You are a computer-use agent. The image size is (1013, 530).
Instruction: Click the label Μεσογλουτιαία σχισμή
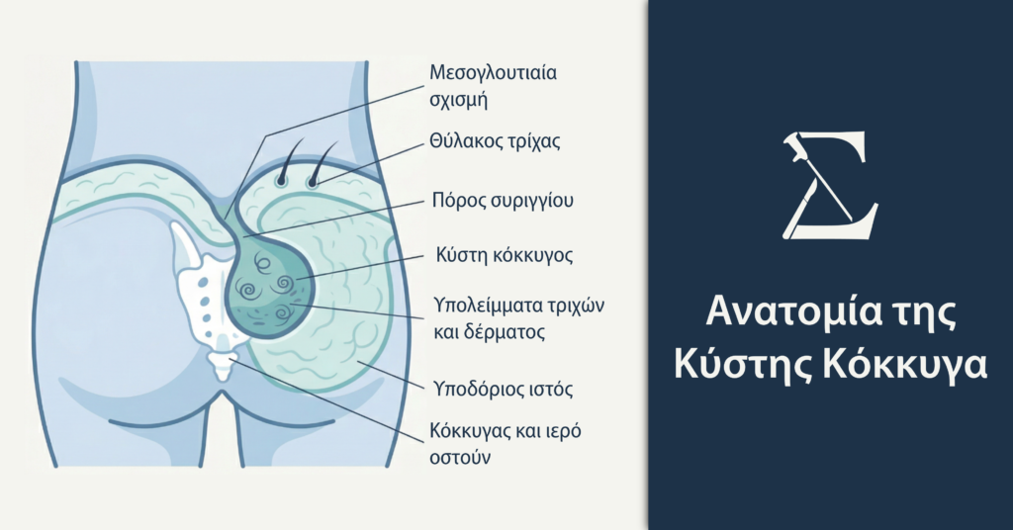click(488, 86)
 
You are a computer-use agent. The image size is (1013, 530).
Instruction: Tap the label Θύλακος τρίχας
click(495, 140)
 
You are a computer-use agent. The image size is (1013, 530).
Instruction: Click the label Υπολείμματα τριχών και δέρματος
click(518, 316)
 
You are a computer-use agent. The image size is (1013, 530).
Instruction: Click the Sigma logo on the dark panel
click(829, 188)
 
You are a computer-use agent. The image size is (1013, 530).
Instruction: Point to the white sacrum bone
click(203, 287)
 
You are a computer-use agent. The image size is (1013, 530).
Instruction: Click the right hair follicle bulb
click(314, 180)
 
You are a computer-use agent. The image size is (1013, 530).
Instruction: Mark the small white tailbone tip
click(222, 367)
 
